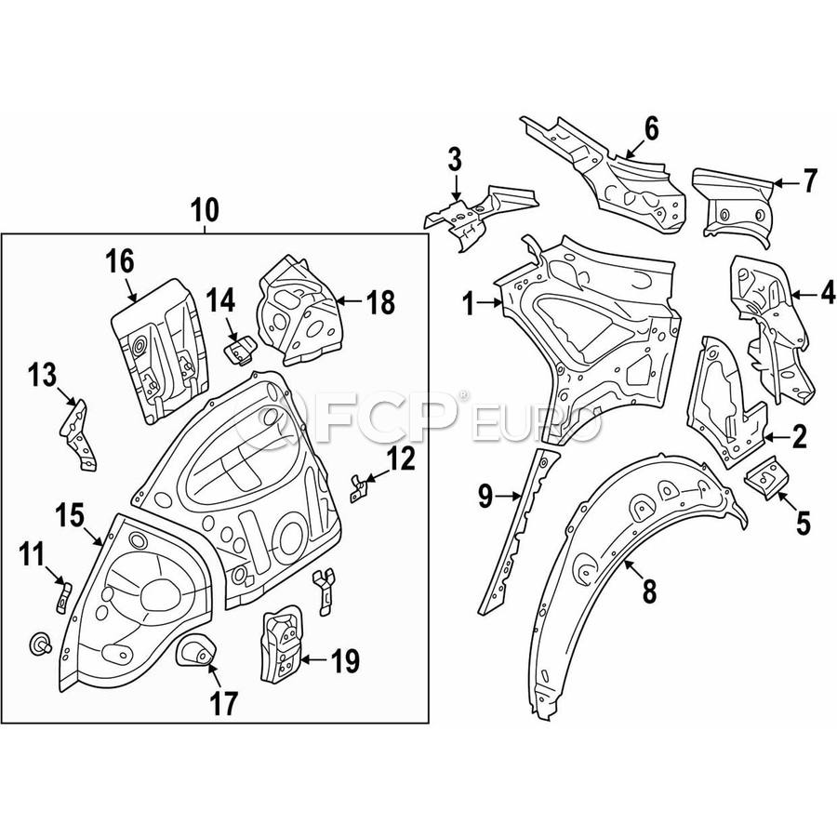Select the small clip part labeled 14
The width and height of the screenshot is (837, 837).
pyautogui.click(x=241, y=352)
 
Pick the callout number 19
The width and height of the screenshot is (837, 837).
pyautogui.click(x=344, y=662)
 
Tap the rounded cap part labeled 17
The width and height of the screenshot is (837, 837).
pyautogui.click(x=196, y=648)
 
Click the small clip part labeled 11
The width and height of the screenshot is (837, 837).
pyautogui.click(x=62, y=594)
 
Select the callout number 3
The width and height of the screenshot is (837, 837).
pyautogui.click(x=454, y=159)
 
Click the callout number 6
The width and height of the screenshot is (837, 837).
pyautogui.click(x=650, y=128)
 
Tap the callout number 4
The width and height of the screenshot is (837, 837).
pyautogui.click(x=826, y=295)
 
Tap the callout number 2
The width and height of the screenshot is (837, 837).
pyautogui.click(x=799, y=433)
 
